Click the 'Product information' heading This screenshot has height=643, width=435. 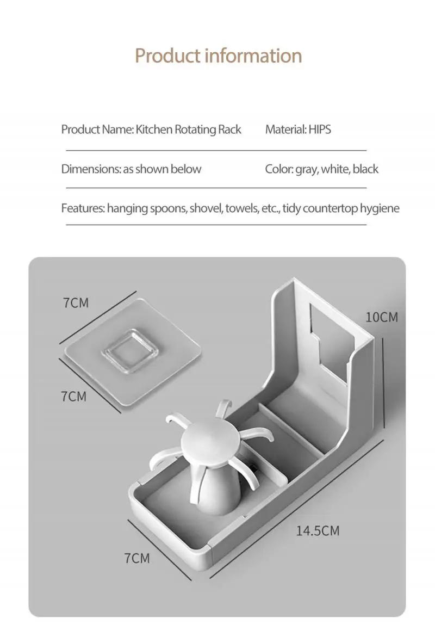click(x=218, y=55)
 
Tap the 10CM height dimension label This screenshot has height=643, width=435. click(x=381, y=317)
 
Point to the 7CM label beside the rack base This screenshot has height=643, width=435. click(x=136, y=558)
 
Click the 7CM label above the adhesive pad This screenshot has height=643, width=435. click(x=76, y=302)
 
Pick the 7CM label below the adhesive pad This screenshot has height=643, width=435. click(x=73, y=396)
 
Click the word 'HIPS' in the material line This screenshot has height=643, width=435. click(x=320, y=129)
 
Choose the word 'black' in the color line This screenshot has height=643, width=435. click(x=365, y=169)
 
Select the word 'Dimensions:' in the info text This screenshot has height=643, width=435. click(x=90, y=169)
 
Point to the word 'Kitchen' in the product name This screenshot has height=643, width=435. click(x=154, y=129)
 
